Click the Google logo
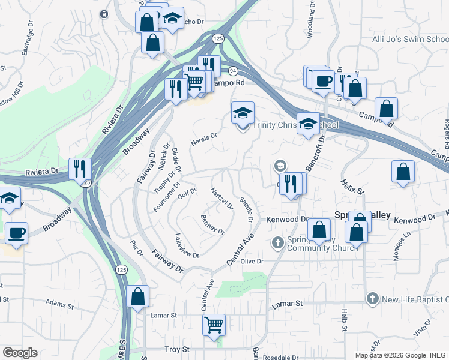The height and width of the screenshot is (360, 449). click(19, 353)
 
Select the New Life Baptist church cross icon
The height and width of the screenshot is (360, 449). click(372, 299)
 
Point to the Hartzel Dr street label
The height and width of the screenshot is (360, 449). click(221, 199)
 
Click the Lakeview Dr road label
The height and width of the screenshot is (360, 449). click(187, 246)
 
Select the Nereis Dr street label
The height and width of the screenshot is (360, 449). click(203, 139)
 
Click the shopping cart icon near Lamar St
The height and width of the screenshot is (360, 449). click(214, 325)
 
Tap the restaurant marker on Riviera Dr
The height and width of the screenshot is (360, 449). click(80, 169)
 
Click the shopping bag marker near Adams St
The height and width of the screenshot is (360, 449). click(138, 296)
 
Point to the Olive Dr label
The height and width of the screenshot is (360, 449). click(252, 262)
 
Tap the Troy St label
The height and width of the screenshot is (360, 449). click(177, 349)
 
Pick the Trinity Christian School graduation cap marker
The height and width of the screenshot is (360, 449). click(243, 112)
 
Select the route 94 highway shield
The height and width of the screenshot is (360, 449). click(232, 70)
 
